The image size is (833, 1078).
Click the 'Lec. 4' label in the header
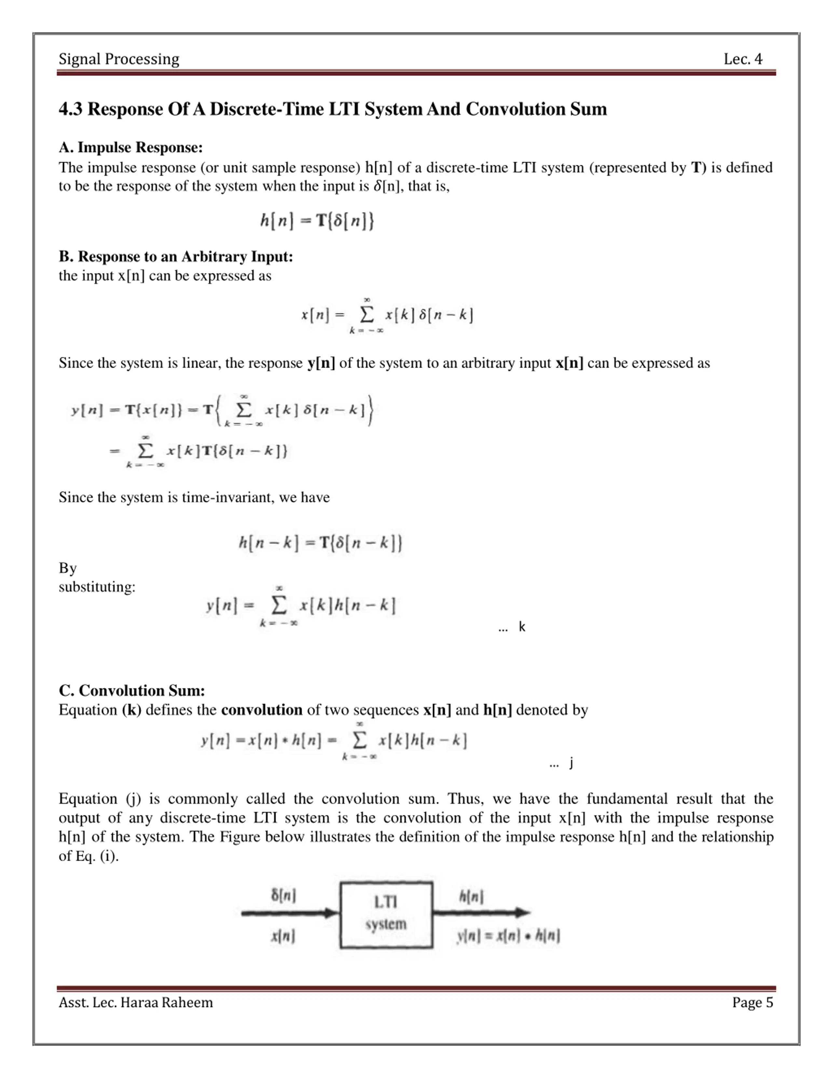point(743,59)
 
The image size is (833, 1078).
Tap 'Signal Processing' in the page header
point(119,59)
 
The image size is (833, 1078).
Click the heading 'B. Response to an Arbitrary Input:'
point(176,257)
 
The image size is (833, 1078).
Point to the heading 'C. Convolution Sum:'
point(132,690)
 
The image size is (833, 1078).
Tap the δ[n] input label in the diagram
point(283,895)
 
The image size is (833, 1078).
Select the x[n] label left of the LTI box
point(283,935)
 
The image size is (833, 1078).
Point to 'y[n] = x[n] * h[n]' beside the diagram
point(508,936)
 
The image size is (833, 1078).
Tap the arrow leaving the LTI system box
point(481,913)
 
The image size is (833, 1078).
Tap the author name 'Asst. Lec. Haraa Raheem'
point(136,1003)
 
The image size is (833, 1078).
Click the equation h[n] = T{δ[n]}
point(317,220)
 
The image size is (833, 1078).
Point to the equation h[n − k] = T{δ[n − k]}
point(320,543)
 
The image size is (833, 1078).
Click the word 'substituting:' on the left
point(97,587)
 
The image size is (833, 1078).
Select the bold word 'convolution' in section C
point(262,710)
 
